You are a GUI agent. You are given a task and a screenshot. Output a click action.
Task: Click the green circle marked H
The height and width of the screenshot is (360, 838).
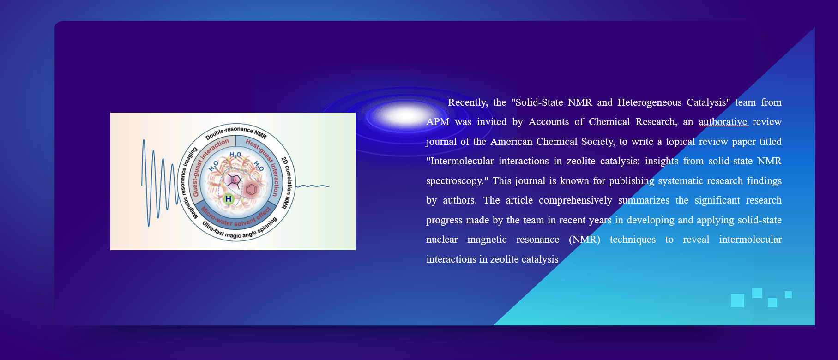coord(228,199)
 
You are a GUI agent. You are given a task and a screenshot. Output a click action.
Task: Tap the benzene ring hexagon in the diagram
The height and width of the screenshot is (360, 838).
coord(251,189)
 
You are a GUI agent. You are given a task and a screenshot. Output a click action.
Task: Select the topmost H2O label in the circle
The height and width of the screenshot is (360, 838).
coord(235,155)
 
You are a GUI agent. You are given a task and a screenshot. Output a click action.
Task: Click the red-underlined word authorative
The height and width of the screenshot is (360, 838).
coord(723,122)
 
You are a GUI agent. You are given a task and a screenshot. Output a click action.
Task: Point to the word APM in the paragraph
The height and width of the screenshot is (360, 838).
coord(438,122)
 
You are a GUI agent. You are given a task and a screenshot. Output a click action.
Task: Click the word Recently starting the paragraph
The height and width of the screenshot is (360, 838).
coord(468,102)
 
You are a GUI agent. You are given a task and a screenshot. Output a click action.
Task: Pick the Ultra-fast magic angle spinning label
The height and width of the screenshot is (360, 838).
coord(240,230)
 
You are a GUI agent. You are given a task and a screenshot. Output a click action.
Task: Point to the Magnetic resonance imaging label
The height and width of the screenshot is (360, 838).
coord(187,182)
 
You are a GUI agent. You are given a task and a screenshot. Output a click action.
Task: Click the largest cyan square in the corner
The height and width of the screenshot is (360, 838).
coord(737,300)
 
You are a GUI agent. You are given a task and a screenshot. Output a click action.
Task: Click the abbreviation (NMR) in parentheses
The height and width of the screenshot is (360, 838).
coord(585,240)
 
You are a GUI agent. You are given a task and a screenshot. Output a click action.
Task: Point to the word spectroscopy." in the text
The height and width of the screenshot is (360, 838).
coord(457,181)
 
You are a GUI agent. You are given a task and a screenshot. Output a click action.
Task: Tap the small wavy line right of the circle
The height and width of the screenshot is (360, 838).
coord(313,186)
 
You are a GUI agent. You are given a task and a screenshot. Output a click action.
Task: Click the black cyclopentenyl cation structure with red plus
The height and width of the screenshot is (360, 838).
coord(234,180)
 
